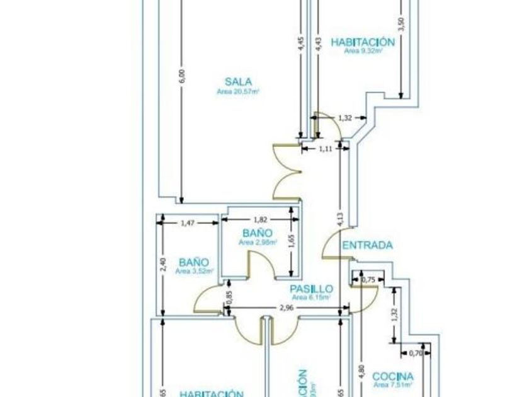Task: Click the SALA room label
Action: [239, 81]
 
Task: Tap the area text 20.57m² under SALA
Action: [239, 91]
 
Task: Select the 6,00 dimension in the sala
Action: [182, 76]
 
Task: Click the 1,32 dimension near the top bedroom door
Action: [344, 118]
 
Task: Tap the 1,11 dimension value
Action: [325, 149]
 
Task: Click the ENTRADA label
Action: [368, 245]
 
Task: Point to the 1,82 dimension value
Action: [260, 220]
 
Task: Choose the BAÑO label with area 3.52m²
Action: [193, 262]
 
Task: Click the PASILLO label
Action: [311, 289]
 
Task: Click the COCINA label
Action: [393, 376]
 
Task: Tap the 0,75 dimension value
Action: [371, 280]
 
